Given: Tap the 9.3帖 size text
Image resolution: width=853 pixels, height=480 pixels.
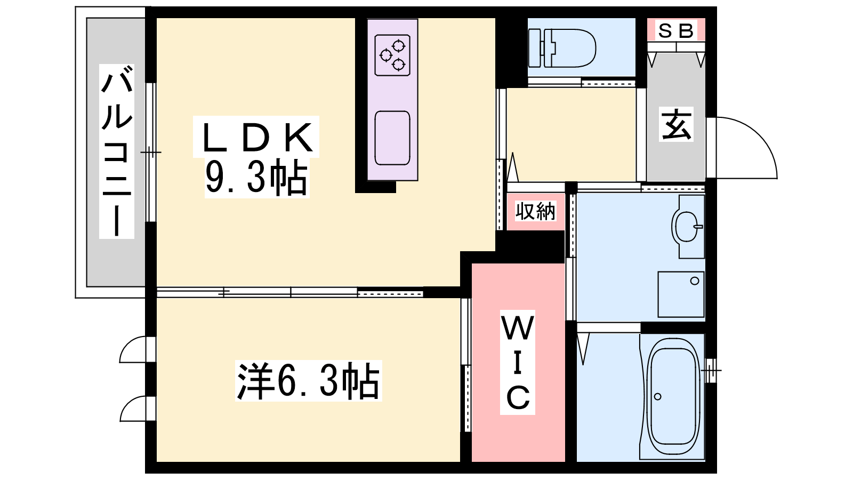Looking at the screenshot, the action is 256,178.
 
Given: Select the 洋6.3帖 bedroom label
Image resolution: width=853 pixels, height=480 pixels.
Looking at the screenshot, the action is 309,380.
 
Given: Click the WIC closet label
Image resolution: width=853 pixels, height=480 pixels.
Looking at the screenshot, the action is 518,362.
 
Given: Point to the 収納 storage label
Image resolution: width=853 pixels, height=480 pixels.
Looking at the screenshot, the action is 535,211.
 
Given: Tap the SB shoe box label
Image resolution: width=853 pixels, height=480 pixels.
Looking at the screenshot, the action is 676,31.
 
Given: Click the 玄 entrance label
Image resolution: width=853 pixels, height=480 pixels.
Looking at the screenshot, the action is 677,125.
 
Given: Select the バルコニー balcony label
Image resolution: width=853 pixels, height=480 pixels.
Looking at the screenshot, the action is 117,151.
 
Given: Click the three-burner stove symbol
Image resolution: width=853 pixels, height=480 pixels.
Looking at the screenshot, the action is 392,55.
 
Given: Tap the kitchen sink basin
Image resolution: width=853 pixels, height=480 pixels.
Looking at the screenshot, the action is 392,138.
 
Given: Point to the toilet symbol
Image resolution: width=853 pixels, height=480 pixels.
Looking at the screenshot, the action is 562,49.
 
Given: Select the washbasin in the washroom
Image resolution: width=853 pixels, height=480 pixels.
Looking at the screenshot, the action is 687,226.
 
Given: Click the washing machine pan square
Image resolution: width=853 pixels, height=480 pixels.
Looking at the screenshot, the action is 681,294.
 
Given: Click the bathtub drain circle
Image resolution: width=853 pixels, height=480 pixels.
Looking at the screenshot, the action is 658,397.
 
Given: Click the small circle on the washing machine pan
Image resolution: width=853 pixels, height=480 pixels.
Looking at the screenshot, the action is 694,281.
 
